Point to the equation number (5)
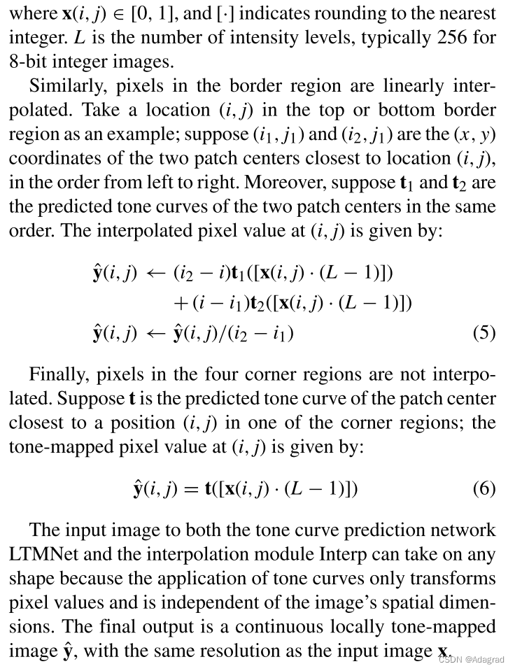pyautogui.click(x=484, y=332)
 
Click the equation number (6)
pyautogui.click(x=484, y=488)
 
